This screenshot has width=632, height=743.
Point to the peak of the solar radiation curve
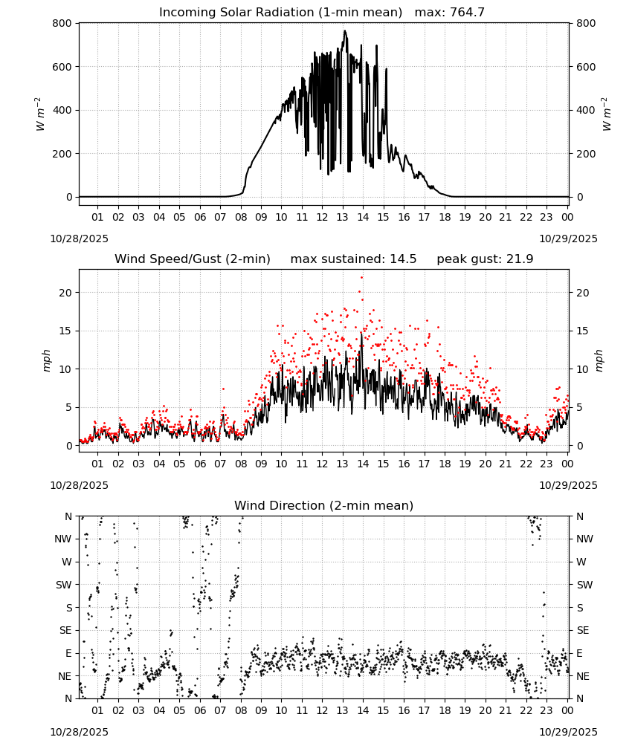point(345,31)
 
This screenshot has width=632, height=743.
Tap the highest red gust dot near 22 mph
point(362,278)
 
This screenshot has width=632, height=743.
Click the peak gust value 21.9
point(519,259)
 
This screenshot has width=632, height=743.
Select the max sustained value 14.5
point(403,259)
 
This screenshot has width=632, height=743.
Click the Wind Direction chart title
point(324,505)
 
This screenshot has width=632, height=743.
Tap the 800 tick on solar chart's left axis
point(62,23)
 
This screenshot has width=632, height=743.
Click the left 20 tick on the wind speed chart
point(65,293)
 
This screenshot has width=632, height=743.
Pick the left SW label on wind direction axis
point(64,585)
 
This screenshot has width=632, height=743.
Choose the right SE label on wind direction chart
point(583,630)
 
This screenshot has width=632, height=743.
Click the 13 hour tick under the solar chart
point(342,217)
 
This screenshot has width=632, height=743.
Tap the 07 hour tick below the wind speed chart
point(220,464)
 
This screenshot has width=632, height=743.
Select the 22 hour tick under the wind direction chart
point(526,710)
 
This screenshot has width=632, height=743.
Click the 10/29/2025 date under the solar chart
point(568,239)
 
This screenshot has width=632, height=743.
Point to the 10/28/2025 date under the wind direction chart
point(79,732)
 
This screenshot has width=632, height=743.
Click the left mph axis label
point(46,360)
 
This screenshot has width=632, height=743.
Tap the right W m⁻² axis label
point(607,114)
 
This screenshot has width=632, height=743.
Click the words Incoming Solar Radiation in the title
point(236,13)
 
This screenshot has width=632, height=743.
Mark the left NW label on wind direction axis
point(63,539)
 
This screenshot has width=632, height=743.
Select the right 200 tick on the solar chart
point(586,154)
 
